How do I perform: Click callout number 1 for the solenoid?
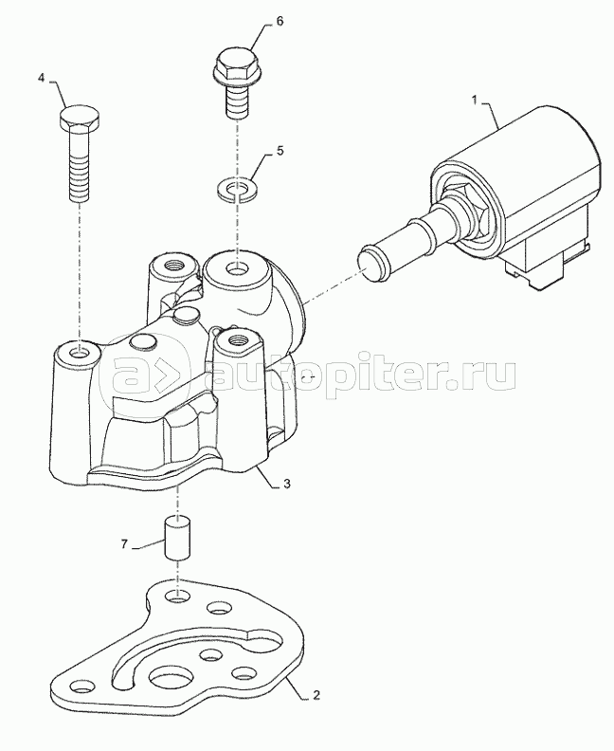click(475, 101)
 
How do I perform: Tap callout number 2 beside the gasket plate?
click(316, 695)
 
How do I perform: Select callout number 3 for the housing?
click(286, 484)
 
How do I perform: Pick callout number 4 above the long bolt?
click(41, 78)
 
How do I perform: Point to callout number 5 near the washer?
click(280, 151)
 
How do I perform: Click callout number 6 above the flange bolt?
click(280, 22)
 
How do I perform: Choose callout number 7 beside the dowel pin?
click(124, 544)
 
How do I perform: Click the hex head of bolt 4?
click(80, 118)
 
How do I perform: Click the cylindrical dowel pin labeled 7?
click(178, 538)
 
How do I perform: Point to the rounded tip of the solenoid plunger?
click(370, 262)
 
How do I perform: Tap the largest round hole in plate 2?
click(172, 678)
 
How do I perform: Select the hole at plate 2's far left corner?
click(81, 688)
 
